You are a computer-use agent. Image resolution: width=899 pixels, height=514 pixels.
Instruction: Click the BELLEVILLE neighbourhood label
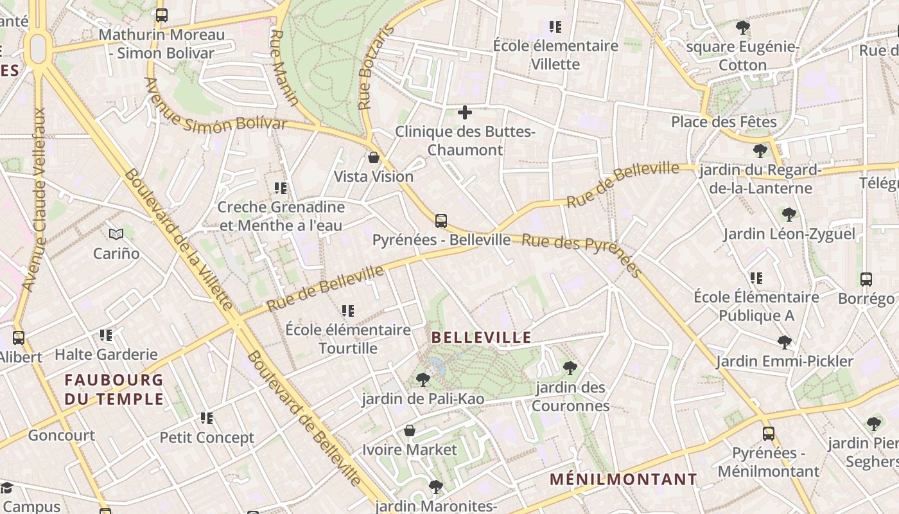click(x=481, y=337)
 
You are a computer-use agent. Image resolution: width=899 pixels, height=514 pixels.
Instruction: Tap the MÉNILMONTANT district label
click(x=623, y=479)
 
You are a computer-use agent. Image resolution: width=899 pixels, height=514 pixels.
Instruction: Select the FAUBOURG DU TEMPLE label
click(x=114, y=389)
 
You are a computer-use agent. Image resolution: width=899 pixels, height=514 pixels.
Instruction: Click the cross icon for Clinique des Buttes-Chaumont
click(x=465, y=113)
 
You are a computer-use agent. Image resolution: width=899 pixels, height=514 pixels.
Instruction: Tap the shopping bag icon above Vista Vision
click(x=374, y=157)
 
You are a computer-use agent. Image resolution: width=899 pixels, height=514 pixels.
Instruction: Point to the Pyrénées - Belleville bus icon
click(x=441, y=221)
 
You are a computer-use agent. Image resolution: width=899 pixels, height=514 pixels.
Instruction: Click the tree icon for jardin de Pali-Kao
click(x=423, y=380)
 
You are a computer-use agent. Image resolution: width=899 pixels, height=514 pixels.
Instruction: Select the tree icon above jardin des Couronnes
click(x=570, y=368)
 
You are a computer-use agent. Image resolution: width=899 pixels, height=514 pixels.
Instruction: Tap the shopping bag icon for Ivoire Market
click(x=410, y=430)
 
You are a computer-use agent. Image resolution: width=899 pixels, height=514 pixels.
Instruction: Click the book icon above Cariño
click(x=116, y=235)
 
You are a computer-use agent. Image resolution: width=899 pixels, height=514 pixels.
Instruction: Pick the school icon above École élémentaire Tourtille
click(x=348, y=311)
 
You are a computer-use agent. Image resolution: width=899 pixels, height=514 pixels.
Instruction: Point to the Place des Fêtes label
click(x=724, y=121)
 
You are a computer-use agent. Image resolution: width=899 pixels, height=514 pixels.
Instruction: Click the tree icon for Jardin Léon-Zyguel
click(x=789, y=215)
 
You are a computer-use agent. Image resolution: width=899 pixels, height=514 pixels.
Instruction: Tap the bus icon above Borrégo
click(x=866, y=279)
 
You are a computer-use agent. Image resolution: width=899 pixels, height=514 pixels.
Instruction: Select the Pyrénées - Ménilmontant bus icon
click(x=769, y=434)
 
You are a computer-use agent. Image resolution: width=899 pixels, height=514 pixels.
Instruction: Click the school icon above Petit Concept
click(x=207, y=419)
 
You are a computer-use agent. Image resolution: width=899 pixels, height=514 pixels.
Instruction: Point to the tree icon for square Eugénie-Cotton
click(x=743, y=28)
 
